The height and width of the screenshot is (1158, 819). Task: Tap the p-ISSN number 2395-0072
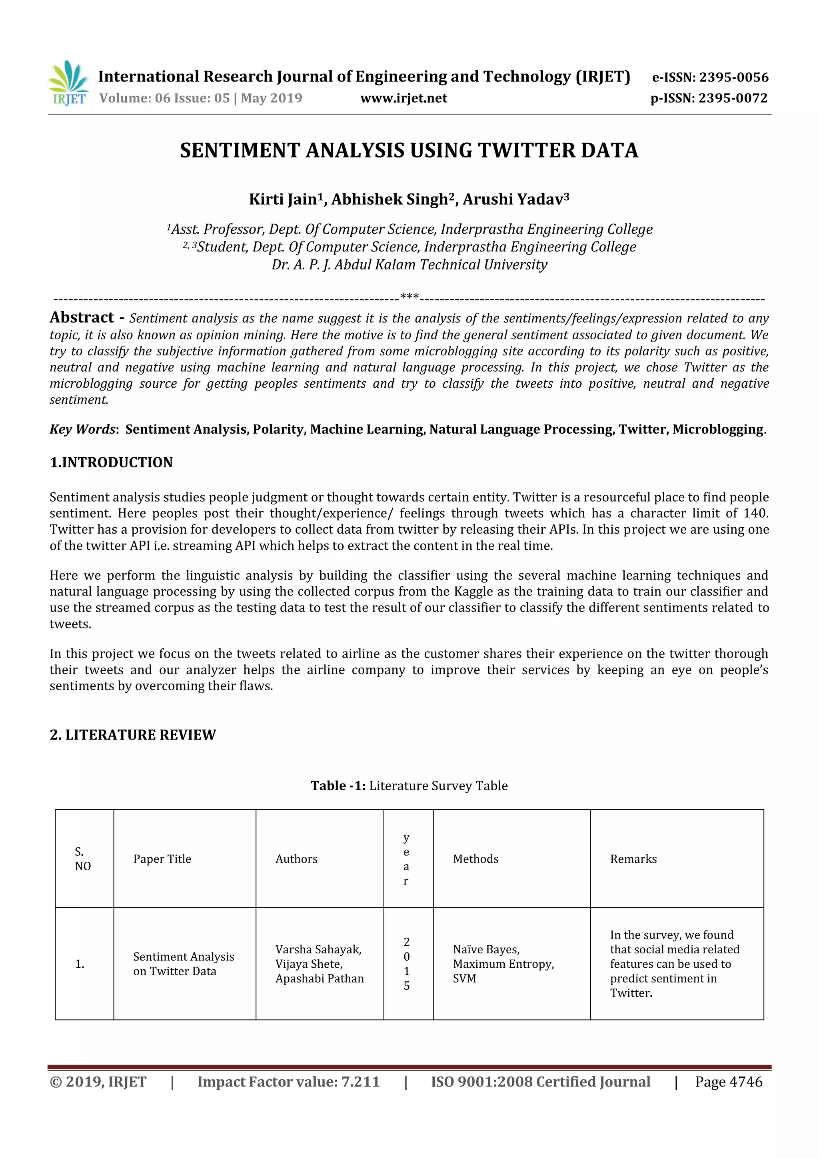(733, 98)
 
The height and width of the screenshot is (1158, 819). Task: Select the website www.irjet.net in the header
(403, 98)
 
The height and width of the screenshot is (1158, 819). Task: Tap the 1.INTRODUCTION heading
(111, 462)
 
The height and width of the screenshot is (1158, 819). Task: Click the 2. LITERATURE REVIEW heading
(133, 735)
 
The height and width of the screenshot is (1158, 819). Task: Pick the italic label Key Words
(83, 429)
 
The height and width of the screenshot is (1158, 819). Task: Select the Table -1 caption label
(338, 786)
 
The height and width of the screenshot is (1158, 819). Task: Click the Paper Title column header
(162, 859)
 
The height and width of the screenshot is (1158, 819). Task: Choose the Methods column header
(475, 859)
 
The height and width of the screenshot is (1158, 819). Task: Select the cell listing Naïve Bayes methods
(503, 964)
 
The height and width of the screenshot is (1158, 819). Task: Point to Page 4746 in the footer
(728, 1082)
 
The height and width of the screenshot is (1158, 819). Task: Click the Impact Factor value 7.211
(360, 1082)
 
